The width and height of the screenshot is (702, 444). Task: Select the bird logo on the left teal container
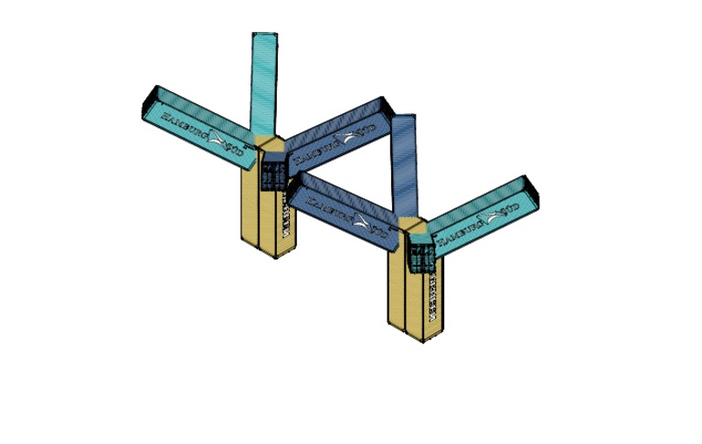tap(218, 140)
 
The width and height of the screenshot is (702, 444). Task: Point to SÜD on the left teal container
tap(239, 152)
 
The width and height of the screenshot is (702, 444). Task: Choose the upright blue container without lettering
tap(404, 164)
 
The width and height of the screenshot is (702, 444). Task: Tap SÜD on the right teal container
tap(513, 210)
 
